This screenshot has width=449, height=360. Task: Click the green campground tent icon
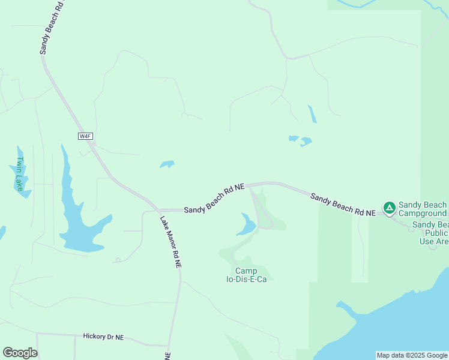(x=389, y=208)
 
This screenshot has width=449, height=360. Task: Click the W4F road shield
(x=85, y=136)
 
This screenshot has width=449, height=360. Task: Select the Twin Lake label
(x=20, y=174)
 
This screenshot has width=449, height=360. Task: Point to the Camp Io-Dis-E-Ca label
(x=246, y=275)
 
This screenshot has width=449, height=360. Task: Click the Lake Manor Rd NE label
(x=170, y=241)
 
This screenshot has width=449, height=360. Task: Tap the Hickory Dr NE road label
(x=103, y=337)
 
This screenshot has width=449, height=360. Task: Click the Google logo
(x=20, y=353)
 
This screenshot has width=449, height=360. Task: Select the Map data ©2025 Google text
(x=412, y=355)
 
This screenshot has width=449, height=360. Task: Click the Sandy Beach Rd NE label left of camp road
(x=214, y=199)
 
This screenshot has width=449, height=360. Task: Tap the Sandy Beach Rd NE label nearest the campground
(x=343, y=205)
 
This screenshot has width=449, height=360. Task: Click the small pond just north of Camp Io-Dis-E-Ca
(x=246, y=225)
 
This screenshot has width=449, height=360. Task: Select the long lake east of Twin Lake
(x=75, y=216)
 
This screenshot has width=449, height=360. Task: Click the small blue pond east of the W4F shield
(x=167, y=164)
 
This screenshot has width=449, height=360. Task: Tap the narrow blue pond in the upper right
(x=312, y=114)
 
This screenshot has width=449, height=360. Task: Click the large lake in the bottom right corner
(x=396, y=324)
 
